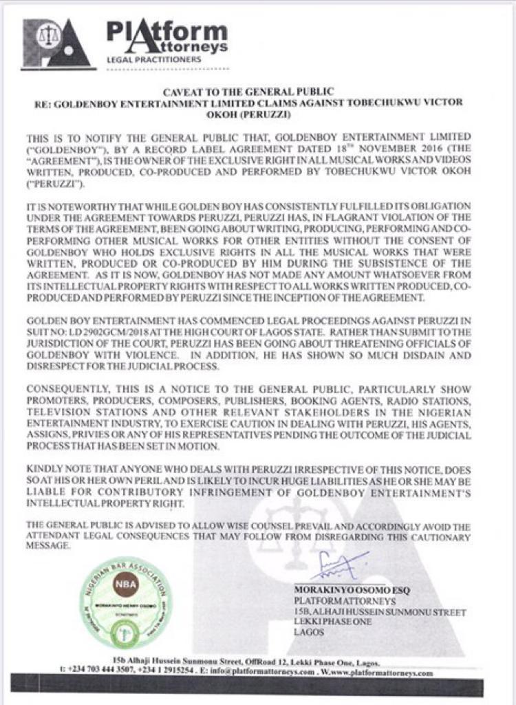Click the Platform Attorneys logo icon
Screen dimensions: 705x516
56,43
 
